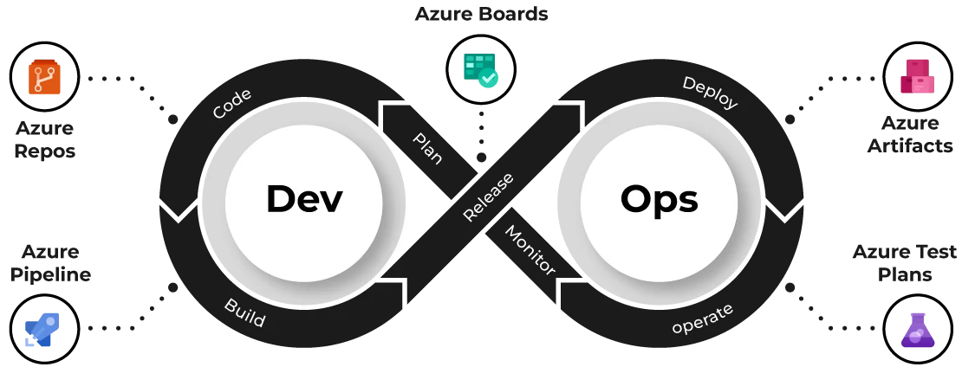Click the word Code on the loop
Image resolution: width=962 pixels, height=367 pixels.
pos(232,104)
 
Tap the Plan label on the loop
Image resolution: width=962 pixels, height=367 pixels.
pos(427,148)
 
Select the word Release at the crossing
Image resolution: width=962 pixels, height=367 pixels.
pos(488,196)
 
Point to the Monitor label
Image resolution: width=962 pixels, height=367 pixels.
pos(530,251)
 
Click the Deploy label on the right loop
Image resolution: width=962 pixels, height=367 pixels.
pos(709,93)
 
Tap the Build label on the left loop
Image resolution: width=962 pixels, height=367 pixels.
pos(244,312)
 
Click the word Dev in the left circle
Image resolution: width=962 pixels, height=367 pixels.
pos(303,199)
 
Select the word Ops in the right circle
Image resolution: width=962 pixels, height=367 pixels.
pos(659,199)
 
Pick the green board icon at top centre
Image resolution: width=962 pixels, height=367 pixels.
pos(478,68)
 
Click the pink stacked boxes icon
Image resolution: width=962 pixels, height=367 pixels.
pos(917,77)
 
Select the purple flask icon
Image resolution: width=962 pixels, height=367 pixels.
pos(918,332)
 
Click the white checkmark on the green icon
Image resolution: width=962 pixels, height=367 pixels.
pos(489,79)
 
